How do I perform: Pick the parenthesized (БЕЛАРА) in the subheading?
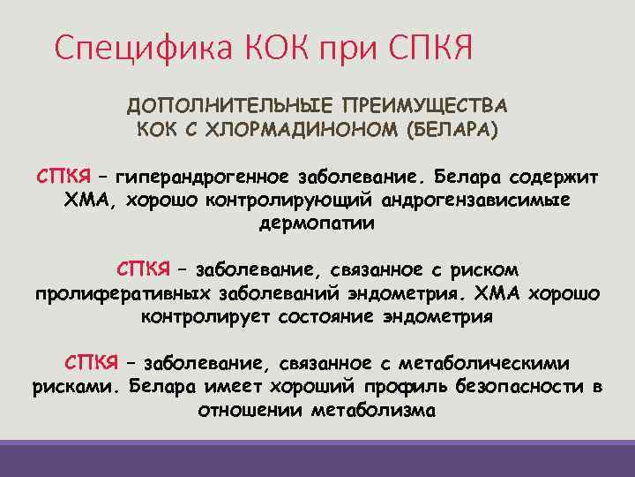[x=451, y=130]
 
